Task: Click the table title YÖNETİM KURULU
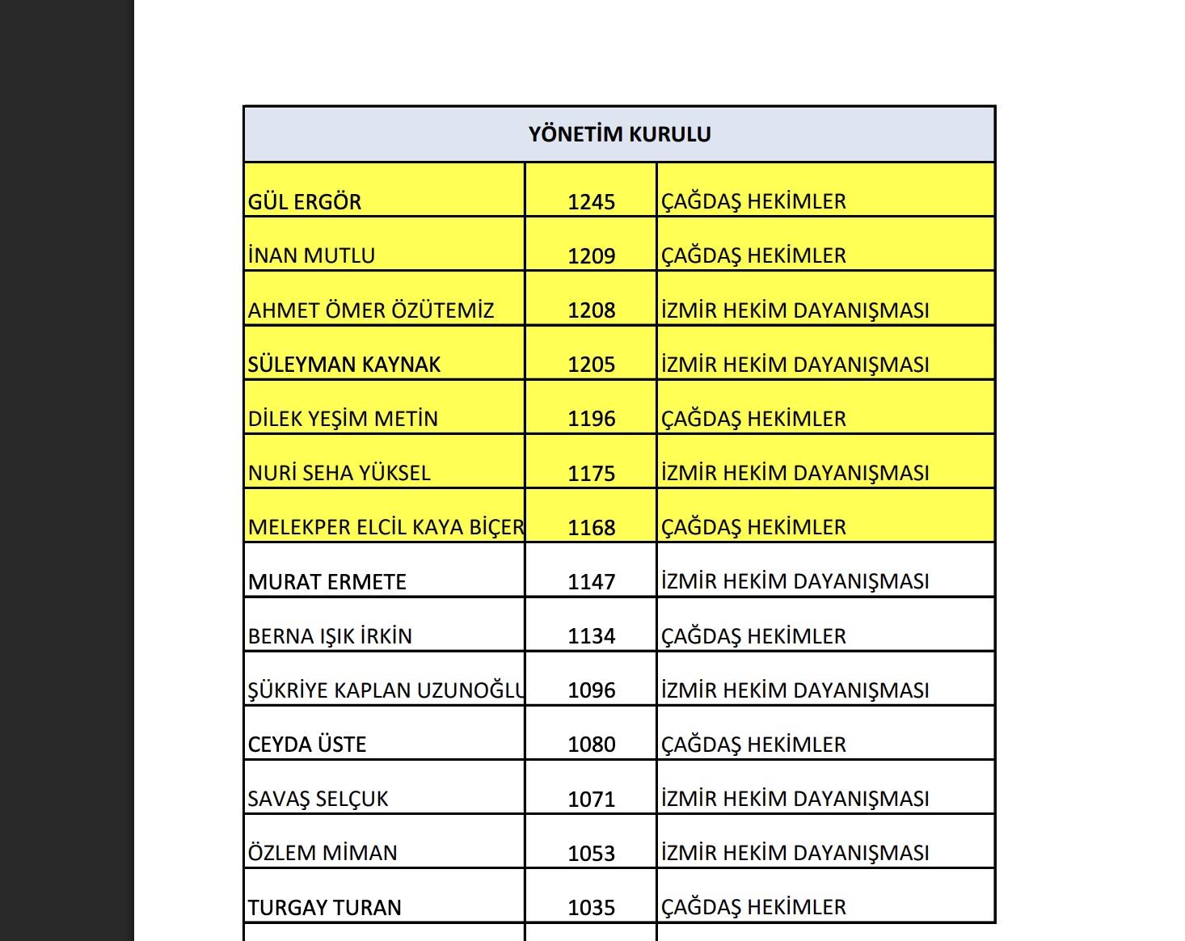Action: [x=619, y=134]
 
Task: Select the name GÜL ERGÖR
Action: [x=305, y=202]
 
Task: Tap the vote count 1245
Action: [x=591, y=202]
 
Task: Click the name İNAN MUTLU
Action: [x=311, y=256]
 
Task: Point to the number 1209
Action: [x=591, y=256]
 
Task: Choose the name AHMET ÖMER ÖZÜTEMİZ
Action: [x=371, y=310]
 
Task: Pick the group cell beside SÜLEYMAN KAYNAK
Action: [x=795, y=365]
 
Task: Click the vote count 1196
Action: [x=591, y=419]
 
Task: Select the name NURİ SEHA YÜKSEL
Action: [x=339, y=473]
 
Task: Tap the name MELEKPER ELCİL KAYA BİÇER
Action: [x=386, y=528]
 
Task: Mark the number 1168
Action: [x=591, y=528]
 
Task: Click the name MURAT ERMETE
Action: [x=327, y=582]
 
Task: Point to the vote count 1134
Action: [x=591, y=636]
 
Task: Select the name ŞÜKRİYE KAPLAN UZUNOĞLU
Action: [x=386, y=690]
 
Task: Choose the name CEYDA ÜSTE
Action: [x=307, y=745]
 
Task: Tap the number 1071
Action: [x=591, y=800]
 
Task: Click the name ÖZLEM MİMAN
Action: [x=323, y=854]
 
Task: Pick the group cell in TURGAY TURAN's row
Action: [x=753, y=908]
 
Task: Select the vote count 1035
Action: [x=591, y=908]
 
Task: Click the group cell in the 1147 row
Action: [x=795, y=582]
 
